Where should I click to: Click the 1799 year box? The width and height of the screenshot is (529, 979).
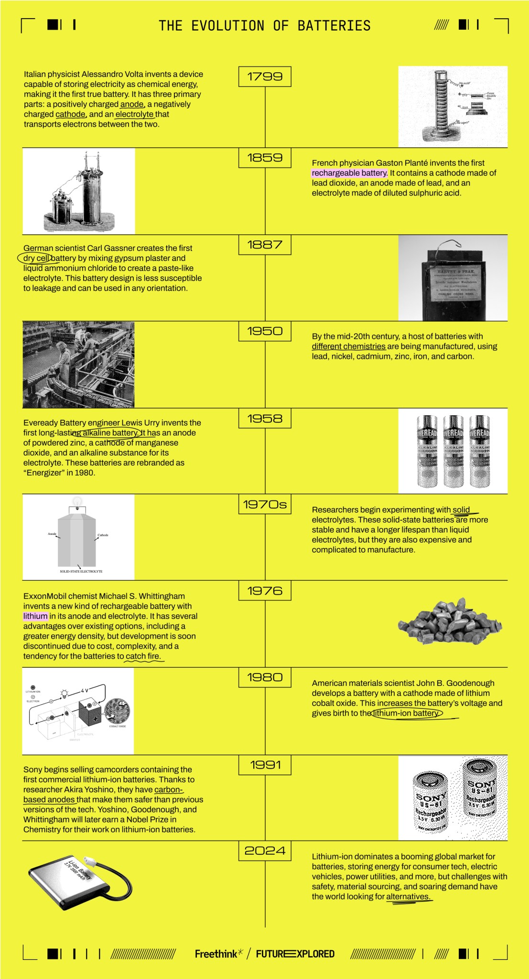[x=265, y=76]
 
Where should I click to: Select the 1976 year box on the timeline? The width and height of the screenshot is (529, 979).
[x=265, y=591]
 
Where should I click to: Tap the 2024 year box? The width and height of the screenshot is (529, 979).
[x=265, y=850]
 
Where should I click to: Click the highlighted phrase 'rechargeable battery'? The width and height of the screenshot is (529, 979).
[x=349, y=173]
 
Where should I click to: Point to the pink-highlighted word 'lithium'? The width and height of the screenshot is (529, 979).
[x=36, y=616]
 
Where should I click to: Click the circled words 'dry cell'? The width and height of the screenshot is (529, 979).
[x=36, y=258]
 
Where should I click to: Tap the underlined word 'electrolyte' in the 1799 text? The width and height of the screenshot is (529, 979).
[x=134, y=114]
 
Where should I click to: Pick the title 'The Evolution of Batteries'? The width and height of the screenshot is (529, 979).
[x=265, y=25]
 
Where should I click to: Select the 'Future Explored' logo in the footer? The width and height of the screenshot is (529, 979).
[x=295, y=954]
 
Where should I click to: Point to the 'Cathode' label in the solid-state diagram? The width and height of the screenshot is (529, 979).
[x=103, y=535]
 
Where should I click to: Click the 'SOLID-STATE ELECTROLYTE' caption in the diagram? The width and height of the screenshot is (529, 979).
[x=81, y=571]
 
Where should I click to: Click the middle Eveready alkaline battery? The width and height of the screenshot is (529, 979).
[x=453, y=451]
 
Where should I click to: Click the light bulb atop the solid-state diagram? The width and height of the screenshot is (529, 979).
[x=76, y=501]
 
